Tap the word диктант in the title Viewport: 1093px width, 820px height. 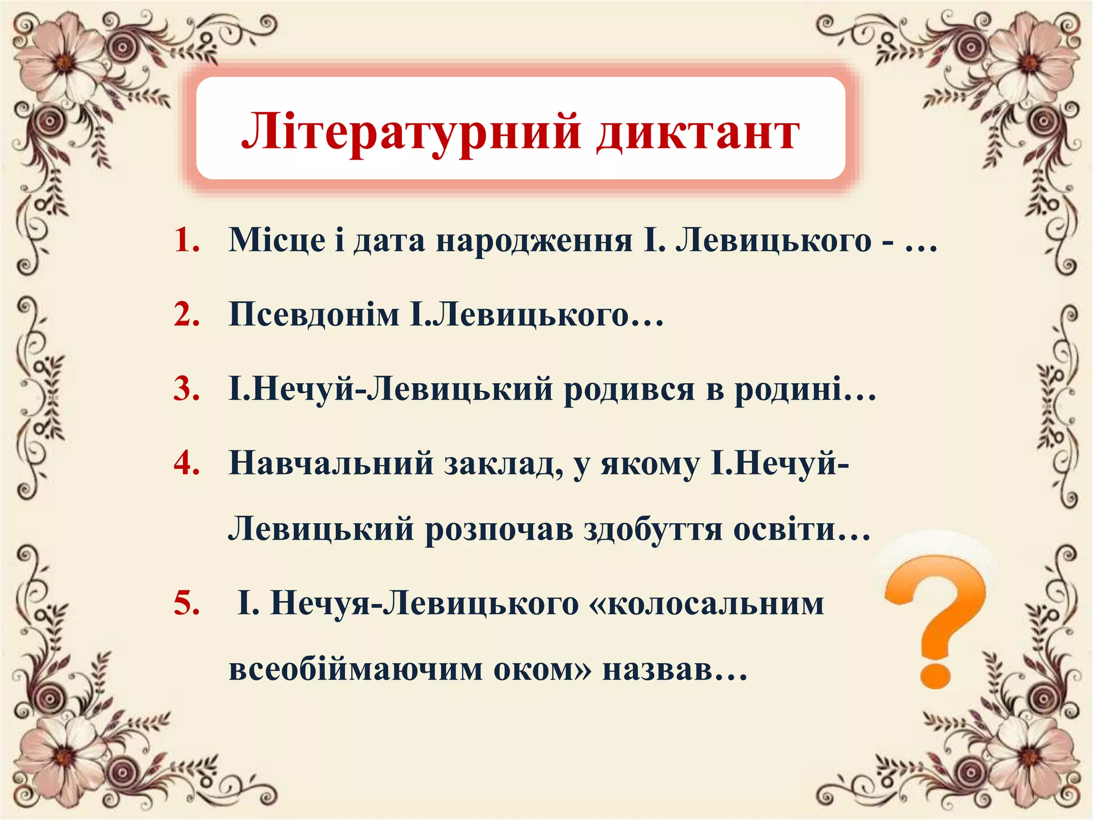pos(698,133)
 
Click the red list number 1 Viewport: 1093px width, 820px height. pos(187,240)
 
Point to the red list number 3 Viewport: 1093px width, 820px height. pos(187,388)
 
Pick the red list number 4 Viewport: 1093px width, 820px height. pos(187,462)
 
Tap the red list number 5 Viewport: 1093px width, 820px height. pos(187,604)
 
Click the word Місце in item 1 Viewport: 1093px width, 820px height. pos(277,240)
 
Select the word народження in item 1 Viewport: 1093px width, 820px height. pos(534,241)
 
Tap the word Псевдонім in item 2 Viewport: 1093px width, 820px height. pos(314,314)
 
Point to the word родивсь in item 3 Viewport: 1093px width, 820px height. pos(630,389)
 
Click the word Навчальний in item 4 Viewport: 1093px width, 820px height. pos(331,463)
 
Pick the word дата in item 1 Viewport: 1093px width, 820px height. pos(389,241)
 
